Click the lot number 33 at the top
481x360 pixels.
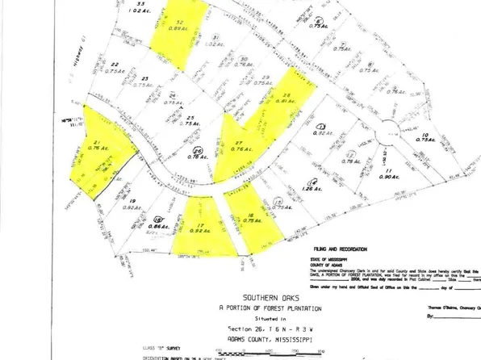tap(142, 5)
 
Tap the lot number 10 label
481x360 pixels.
tap(425, 134)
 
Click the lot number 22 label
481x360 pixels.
tap(115, 64)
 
